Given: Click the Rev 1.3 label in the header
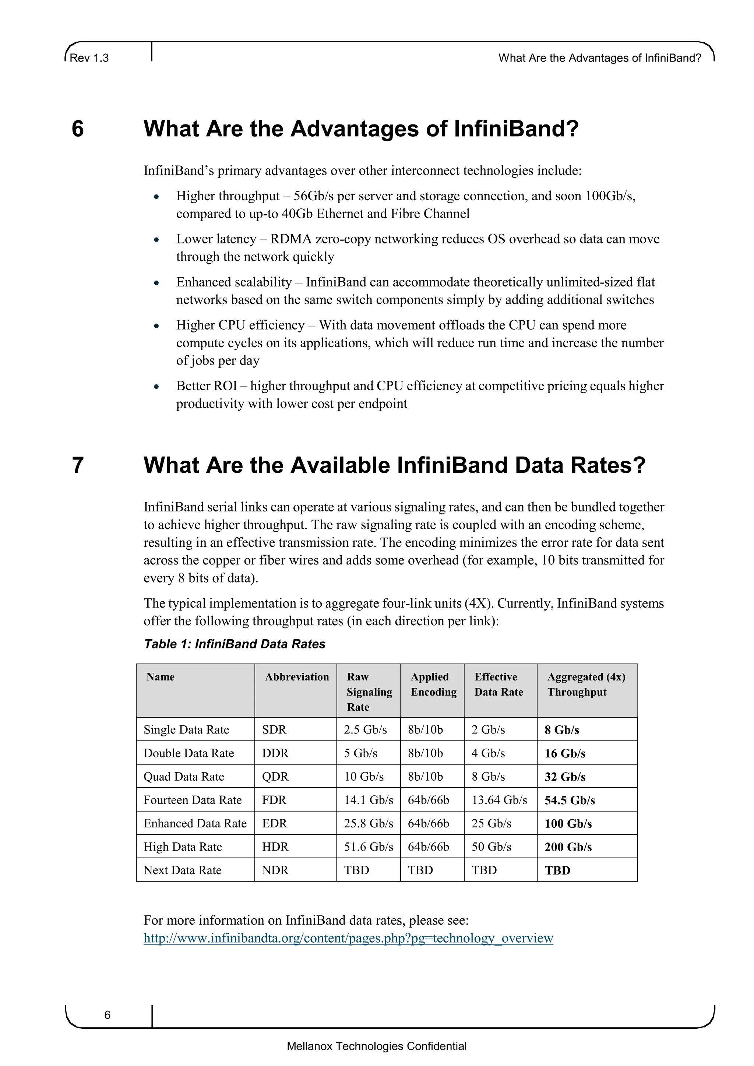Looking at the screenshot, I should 89,58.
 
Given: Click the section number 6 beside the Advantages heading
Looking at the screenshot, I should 78,129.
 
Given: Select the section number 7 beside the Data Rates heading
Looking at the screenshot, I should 78,465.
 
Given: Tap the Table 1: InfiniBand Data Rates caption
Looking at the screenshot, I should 235,644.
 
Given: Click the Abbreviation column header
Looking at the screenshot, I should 297,677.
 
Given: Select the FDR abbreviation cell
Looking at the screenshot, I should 274,800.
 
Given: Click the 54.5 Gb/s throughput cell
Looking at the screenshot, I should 569,801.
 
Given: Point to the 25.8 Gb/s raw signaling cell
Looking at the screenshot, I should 368,824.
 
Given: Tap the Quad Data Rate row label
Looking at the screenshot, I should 183,777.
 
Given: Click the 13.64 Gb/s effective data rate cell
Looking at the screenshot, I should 499,800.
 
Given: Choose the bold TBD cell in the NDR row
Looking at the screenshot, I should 557,870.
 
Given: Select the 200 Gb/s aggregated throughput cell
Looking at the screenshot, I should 568,847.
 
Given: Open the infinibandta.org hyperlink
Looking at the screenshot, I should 348,938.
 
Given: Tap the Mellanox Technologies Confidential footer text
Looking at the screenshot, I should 377,1046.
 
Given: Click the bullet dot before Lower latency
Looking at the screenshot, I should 157,240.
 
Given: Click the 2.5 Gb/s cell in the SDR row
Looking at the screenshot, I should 365,730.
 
